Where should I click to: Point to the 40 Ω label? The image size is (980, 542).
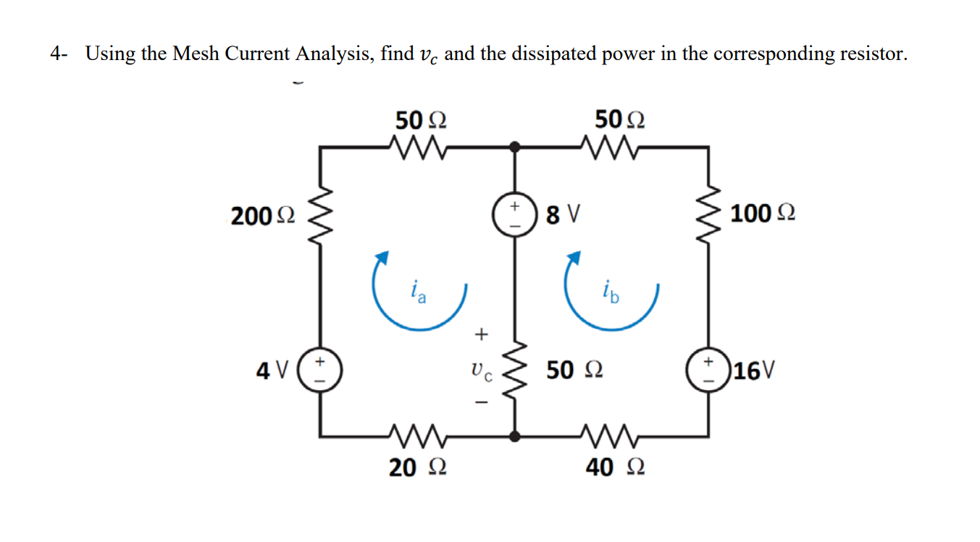(x=614, y=467)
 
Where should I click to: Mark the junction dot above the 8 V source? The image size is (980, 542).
(x=515, y=147)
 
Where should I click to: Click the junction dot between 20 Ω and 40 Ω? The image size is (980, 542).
(x=515, y=436)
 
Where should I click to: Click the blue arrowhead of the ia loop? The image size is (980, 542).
(x=383, y=257)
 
